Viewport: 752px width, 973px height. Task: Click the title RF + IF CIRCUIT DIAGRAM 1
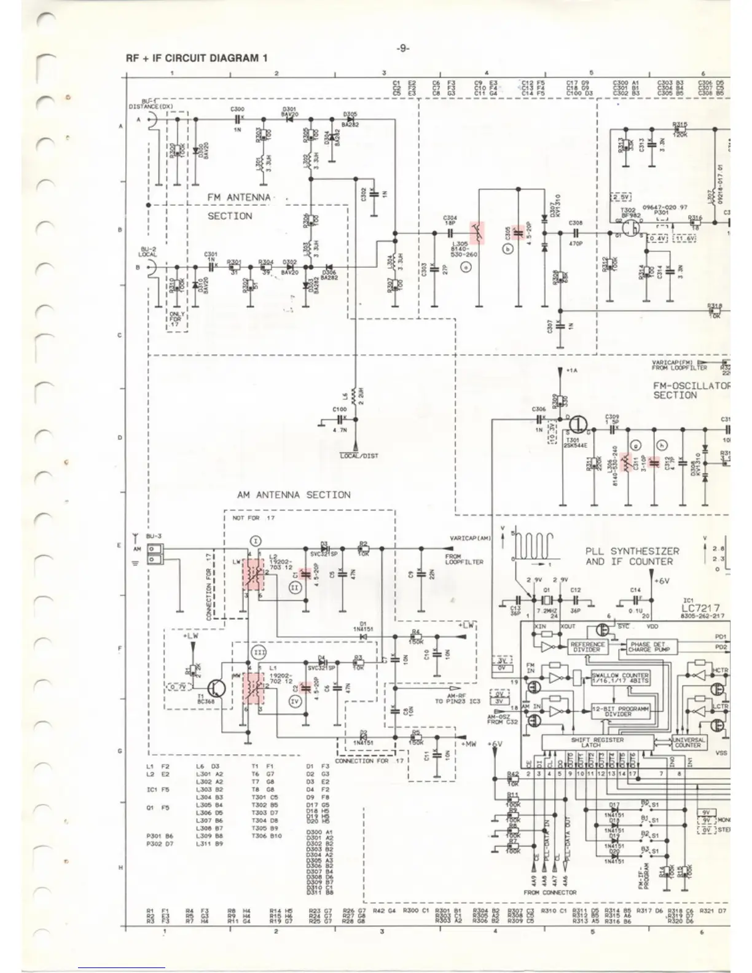(197, 58)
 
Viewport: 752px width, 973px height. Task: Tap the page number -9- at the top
(402, 49)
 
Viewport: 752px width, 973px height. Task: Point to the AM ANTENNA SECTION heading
(294, 494)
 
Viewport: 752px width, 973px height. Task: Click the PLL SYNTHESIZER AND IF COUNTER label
(632, 557)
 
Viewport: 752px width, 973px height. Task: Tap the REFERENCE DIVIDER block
(587, 647)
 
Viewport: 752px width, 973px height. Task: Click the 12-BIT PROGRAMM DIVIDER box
(619, 711)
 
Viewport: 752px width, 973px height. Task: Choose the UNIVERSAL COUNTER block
(688, 742)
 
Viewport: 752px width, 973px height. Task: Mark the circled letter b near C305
(507, 249)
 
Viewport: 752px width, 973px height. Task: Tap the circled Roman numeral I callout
(256, 541)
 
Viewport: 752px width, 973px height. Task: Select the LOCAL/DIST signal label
(359, 456)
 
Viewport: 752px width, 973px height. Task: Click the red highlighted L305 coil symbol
(477, 233)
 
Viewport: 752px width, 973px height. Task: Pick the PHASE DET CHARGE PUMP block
(646, 647)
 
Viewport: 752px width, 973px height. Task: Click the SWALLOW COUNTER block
(620, 678)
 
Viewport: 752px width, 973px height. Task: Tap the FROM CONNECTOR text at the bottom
(550, 892)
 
